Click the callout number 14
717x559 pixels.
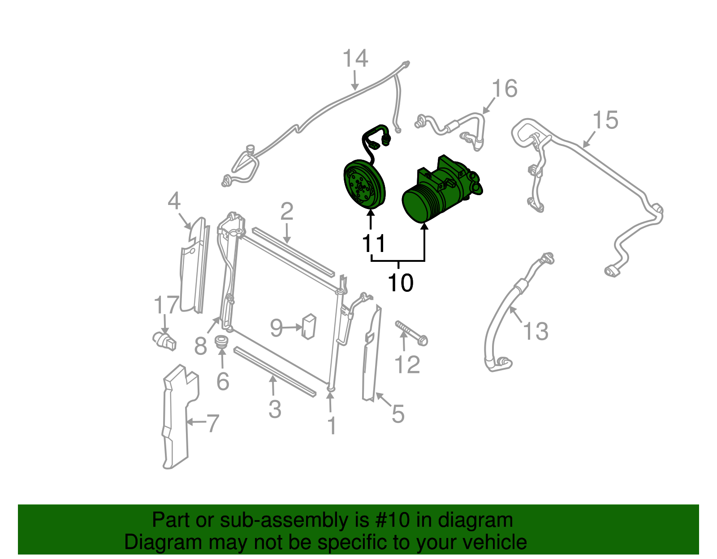[355, 59]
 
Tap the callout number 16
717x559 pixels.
[505, 89]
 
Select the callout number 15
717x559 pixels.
[605, 120]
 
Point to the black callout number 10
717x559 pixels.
[400, 283]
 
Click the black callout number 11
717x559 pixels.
[373, 244]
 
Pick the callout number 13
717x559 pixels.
[536, 332]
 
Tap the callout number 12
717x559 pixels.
[407, 365]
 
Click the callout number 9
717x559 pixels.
[276, 328]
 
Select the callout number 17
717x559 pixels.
[166, 305]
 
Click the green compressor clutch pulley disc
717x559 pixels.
[364, 184]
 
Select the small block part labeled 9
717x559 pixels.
[309, 326]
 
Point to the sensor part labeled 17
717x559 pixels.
[164, 340]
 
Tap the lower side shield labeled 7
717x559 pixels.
[176, 416]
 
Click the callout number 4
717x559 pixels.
[174, 201]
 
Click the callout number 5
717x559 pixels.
[398, 414]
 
